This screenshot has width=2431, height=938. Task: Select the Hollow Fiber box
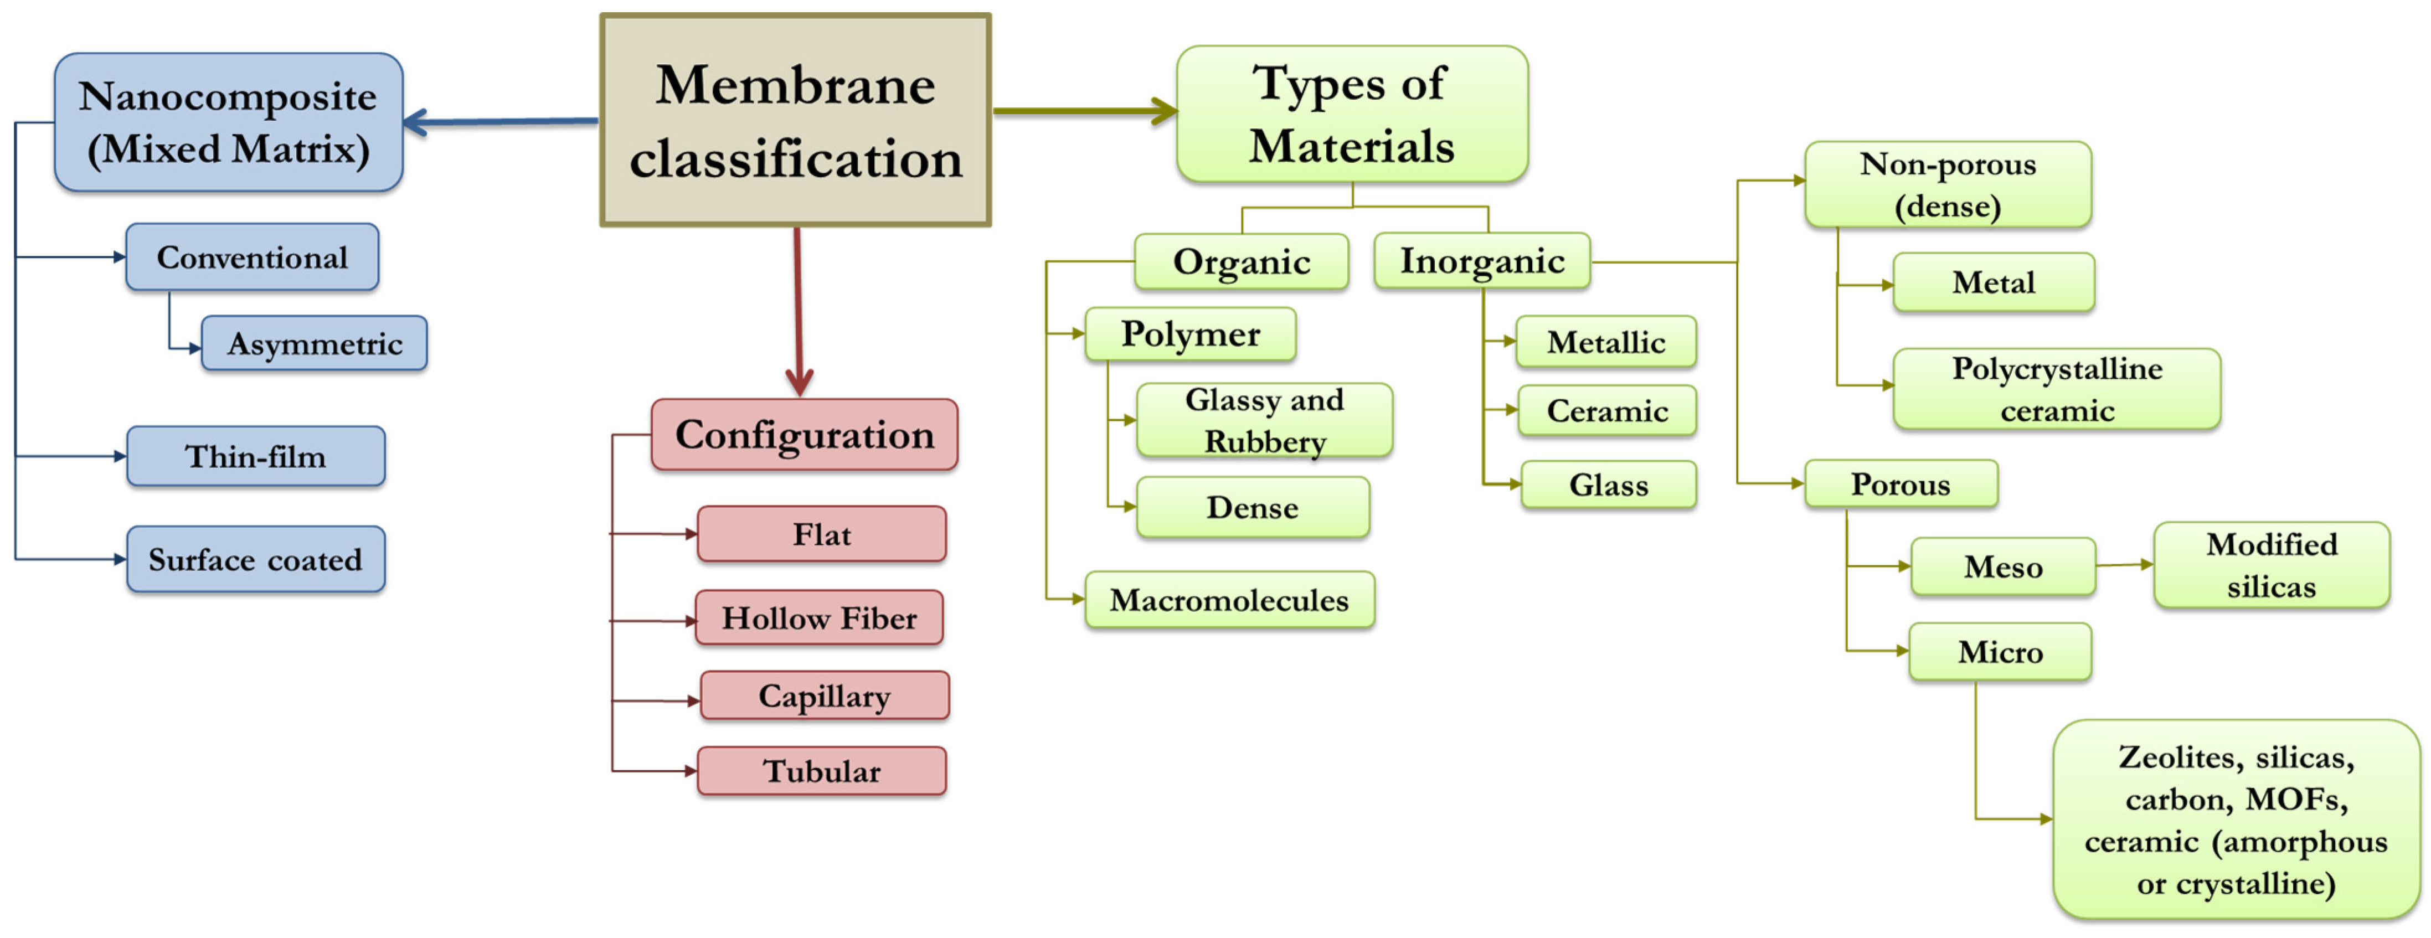point(819,618)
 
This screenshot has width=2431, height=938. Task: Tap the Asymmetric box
point(314,343)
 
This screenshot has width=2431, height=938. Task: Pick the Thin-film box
point(256,457)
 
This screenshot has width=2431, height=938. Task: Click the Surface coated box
point(256,560)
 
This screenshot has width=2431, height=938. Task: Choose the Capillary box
point(825,697)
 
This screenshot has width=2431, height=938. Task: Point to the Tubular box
point(822,771)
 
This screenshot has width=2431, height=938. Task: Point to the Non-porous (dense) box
point(1947,185)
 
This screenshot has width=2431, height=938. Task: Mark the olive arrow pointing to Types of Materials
point(1085,111)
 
